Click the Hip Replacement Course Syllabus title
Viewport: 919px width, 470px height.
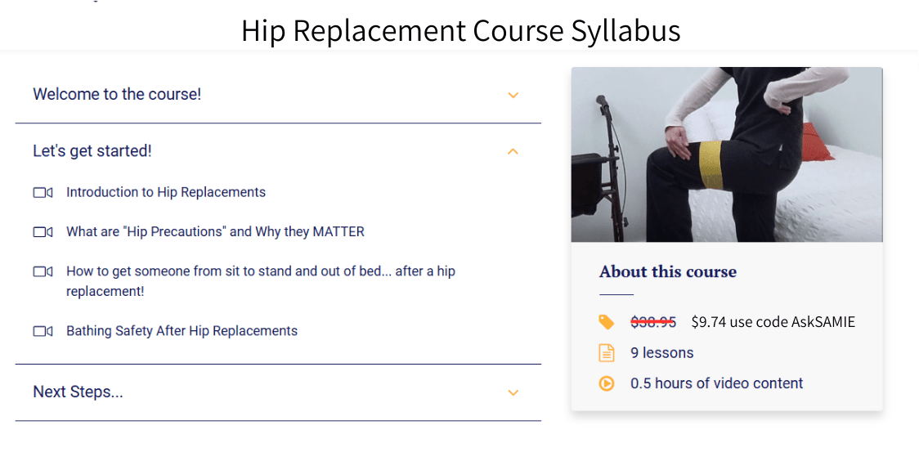460,30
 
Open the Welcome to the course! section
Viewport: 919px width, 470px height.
117,94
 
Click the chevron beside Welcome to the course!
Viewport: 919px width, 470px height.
513,95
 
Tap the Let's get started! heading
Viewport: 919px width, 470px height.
92,150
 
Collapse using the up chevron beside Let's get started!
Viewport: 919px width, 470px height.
513,151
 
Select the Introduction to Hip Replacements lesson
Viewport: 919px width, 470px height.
166,192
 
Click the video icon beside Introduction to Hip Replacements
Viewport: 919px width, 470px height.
43,193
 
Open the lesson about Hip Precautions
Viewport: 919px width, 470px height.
215,231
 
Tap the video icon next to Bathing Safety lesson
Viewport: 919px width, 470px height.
43,331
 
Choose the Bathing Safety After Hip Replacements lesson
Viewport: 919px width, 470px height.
182,331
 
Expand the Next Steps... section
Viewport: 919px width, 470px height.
78,392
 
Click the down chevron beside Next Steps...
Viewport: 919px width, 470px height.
513,392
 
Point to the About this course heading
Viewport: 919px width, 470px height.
667,271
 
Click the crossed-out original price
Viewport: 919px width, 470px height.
652,322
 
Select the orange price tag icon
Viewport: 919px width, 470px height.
606,322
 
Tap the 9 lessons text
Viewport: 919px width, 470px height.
661,353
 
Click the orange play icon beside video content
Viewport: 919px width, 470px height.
606,383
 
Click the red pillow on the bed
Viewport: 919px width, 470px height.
817,142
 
